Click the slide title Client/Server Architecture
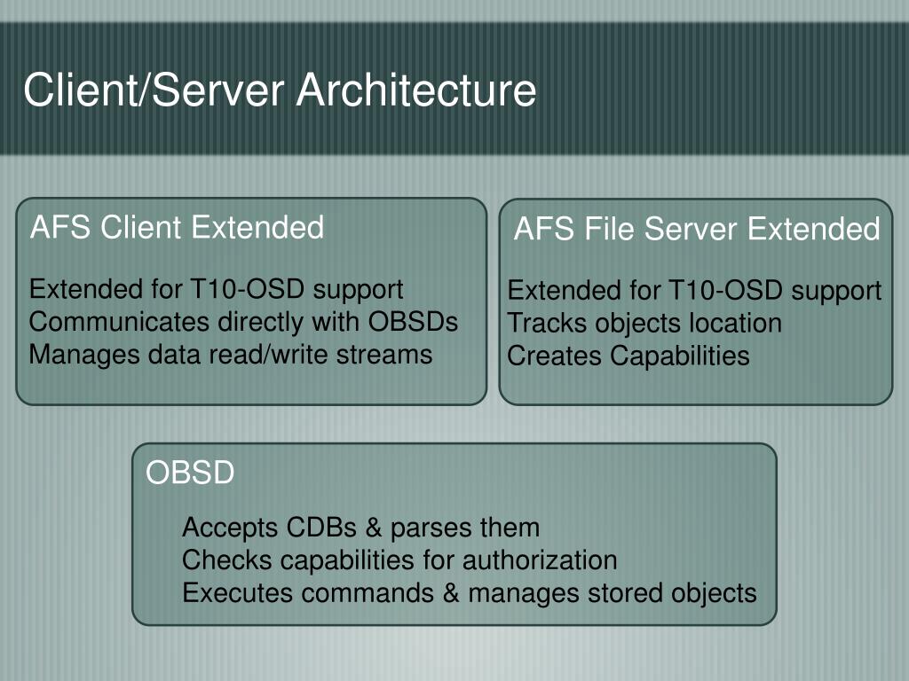pos(280,90)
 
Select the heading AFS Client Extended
pos(178,228)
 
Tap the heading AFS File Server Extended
pos(697,230)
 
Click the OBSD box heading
pos(190,473)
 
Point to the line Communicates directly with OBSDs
pos(244,321)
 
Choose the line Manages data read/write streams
pos(231,354)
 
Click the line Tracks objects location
pos(644,323)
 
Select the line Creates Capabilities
pos(628,356)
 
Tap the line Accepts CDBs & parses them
pos(360,528)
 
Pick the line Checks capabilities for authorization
pos(399,560)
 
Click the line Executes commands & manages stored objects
pos(470,592)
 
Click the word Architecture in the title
pos(416,90)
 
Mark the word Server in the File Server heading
pos(692,230)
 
